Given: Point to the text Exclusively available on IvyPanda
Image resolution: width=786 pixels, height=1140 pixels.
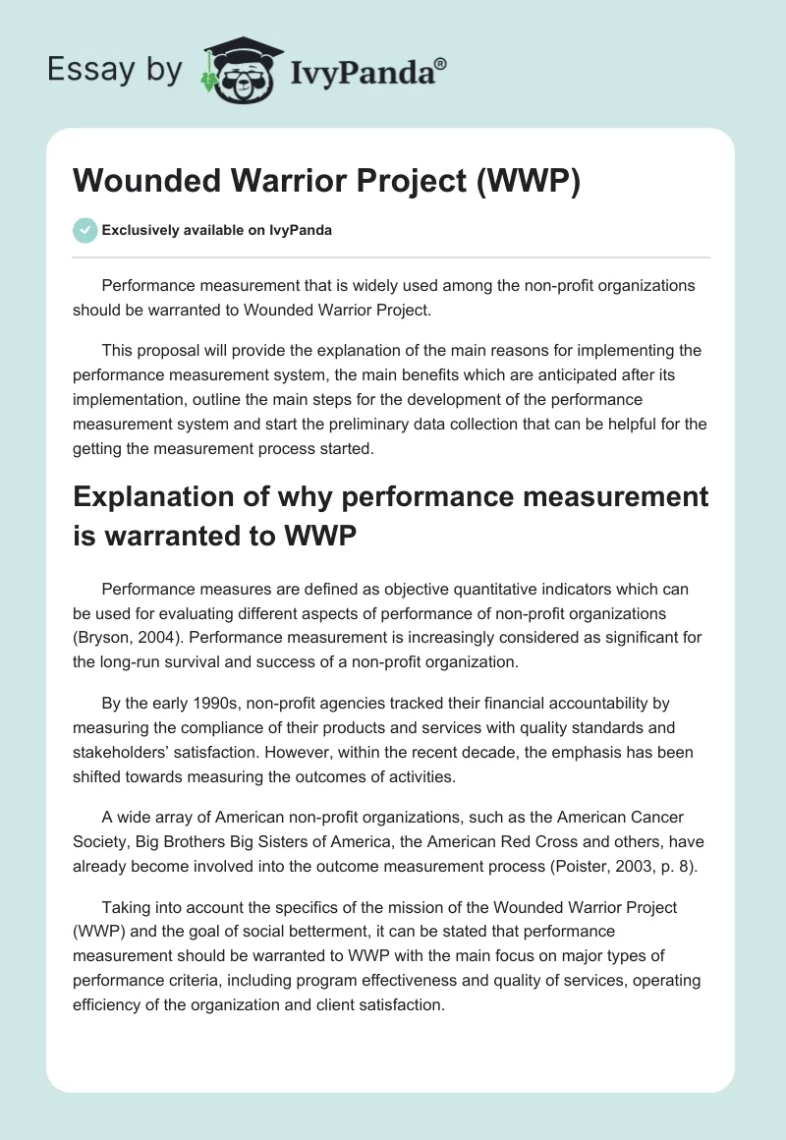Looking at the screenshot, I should tap(216, 230).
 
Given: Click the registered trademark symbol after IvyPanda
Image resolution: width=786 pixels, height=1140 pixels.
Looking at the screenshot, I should tap(441, 61).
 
